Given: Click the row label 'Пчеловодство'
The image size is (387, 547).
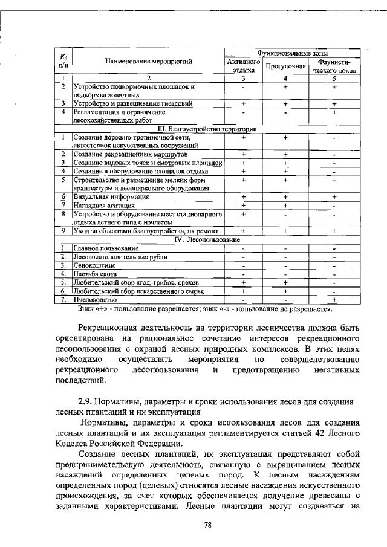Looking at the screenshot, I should click(95, 299).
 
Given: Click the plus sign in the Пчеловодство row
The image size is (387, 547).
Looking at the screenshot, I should click(334, 299).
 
